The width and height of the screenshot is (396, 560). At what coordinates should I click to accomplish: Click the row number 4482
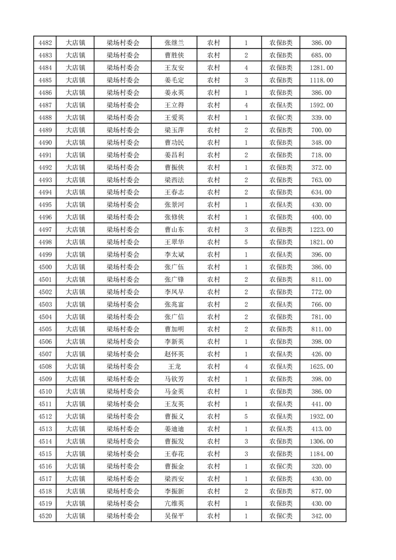pos(45,43)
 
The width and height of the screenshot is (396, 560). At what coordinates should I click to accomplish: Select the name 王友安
pos(174,68)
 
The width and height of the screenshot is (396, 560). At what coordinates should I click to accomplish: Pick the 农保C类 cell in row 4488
pos(281,118)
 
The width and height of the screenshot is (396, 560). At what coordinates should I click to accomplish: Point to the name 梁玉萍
pos(174,130)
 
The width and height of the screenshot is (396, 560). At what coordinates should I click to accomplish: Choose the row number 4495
pos(45,205)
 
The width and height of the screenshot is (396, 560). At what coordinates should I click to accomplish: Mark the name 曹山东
pos(174,230)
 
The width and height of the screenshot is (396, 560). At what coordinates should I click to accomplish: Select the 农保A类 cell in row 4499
pos(281,255)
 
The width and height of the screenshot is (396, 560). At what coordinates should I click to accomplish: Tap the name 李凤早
pos(174,292)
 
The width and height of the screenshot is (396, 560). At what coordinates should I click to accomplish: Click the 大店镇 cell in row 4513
pos(75,429)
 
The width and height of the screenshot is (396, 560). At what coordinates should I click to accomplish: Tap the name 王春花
pos(174,454)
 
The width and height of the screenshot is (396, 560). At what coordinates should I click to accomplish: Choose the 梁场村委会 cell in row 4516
pos(123,466)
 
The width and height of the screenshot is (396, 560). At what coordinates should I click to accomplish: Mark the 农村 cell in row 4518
pos(214,491)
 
